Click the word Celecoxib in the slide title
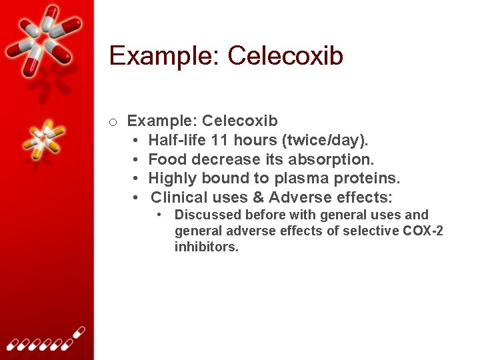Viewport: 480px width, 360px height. [285, 56]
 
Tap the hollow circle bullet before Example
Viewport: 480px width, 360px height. [113, 122]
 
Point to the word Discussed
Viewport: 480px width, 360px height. [208, 215]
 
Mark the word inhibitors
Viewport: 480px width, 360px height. [207, 247]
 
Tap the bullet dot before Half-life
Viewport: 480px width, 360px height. [135, 141]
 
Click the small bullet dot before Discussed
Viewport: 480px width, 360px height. [160, 215]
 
